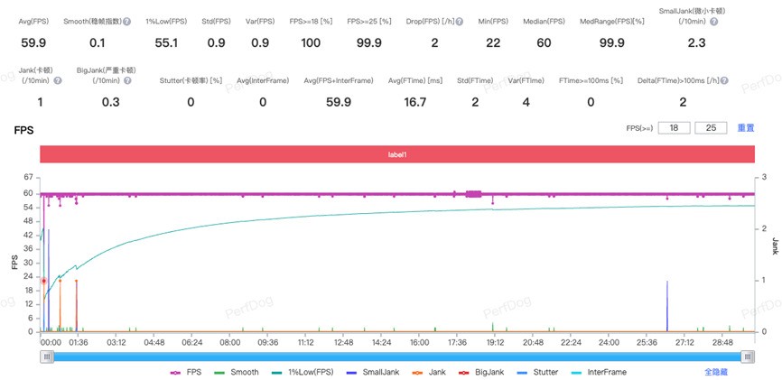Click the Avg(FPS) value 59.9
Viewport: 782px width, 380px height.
tap(33, 42)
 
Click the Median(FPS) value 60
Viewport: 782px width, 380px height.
tap(544, 42)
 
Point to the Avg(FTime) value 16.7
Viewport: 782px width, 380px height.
tap(414, 102)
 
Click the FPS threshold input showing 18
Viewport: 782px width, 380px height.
tap(674, 128)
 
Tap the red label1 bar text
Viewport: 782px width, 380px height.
tap(397, 154)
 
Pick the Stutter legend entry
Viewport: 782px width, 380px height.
tap(545, 371)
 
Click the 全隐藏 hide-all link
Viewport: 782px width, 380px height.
tap(717, 371)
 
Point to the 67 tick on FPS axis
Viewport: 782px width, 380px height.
tap(29, 178)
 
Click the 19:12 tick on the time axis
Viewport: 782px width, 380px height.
tap(495, 343)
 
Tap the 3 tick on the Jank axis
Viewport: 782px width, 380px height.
tap(764, 178)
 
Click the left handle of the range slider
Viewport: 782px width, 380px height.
tap(46, 357)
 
